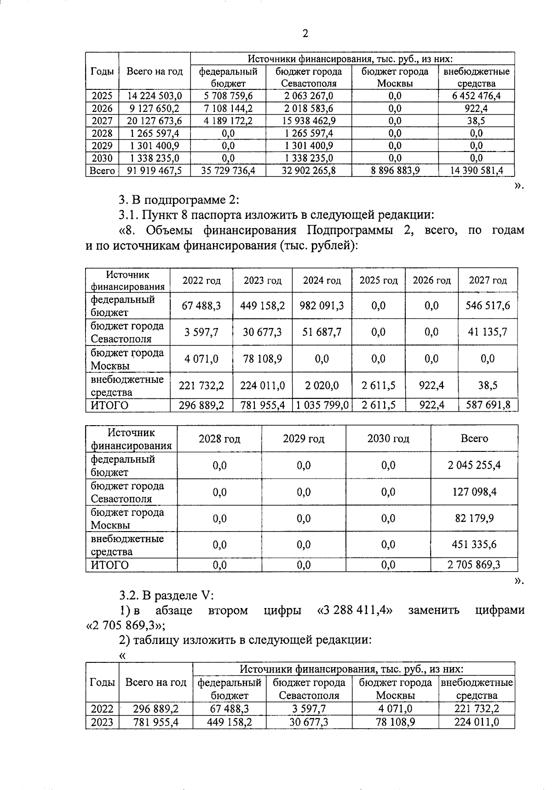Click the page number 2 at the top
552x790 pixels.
pyautogui.click(x=305, y=33)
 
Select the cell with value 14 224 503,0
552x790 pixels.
pyautogui.click(x=155, y=96)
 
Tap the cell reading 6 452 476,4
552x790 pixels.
pyautogui.click(x=477, y=96)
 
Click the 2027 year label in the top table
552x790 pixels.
pyautogui.click(x=102, y=121)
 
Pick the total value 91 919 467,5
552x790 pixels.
pyautogui.click(x=155, y=170)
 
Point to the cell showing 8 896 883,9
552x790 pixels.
pyautogui.click(x=395, y=170)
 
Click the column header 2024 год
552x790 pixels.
pyautogui.click(x=322, y=280)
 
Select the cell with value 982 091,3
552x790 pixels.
pyautogui.click(x=322, y=306)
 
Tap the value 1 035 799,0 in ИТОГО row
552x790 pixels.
pyautogui.click(x=322, y=405)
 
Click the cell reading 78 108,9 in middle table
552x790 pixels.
pyautogui.click(x=262, y=358)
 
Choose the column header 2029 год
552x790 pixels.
pyautogui.click(x=304, y=439)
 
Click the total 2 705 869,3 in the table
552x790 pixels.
pyautogui.click(x=474, y=565)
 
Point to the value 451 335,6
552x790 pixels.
pyautogui.click(x=474, y=544)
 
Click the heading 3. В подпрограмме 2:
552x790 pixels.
pyautogui.click(x=179, y=200)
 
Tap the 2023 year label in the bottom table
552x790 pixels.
pyautogui.click(x=102, y=722)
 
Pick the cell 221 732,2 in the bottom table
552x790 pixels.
pyautogui.click(x=477, y=709)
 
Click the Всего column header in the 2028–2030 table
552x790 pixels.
pyautogui.click(x=474, y=439)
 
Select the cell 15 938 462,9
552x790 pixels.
pyautogui.click(x=309, y=121)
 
